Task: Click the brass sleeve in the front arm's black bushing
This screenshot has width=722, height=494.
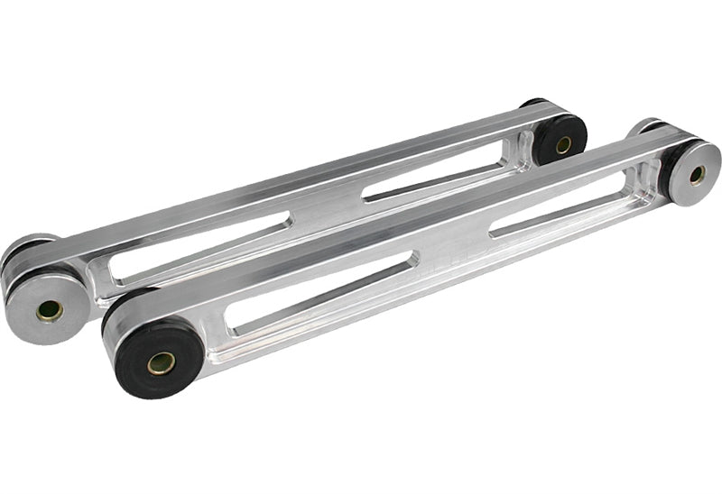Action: pos(162,363)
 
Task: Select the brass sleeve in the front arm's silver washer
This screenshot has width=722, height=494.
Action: pos(697,175)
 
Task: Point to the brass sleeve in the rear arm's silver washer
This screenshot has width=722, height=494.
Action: pos(50,311)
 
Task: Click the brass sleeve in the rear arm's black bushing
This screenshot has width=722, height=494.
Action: pos(563,144)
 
